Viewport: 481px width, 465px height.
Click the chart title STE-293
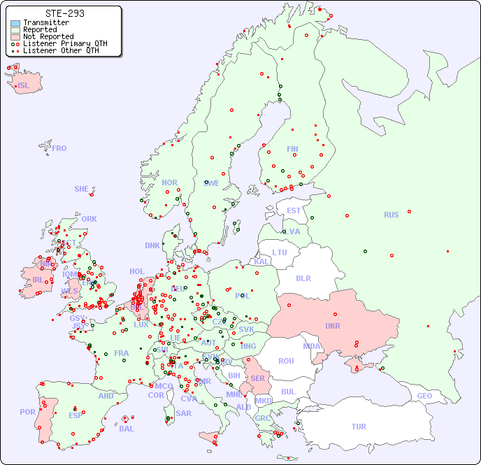coord(65,13)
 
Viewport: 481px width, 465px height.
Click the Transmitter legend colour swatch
coord(15,23)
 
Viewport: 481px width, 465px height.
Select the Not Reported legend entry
coord(48,37)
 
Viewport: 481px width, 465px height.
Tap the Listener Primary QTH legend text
coord(65,43)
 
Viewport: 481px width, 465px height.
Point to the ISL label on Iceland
coord(24,86)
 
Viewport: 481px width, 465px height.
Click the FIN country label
coord(292,149)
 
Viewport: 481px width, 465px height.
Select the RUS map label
coord(391,215)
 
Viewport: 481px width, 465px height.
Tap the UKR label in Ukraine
coord(332,326)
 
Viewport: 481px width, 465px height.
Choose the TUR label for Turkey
coord(359,427)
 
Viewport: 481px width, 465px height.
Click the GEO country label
coord(424,396)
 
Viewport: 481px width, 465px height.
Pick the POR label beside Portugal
coord(27,412)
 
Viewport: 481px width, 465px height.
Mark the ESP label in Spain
coord(76,415)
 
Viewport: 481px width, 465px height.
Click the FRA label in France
coord(122,353)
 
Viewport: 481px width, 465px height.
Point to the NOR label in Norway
coord(169,183)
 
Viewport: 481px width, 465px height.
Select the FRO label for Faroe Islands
coord(59,148)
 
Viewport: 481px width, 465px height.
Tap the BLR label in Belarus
coord(303,278)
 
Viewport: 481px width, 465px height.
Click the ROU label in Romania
coord(286,361)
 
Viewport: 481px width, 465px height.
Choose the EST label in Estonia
coord(294,210)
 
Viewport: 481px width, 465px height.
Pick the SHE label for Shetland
coord(82,189)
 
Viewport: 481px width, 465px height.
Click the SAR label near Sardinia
coord(183,413)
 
